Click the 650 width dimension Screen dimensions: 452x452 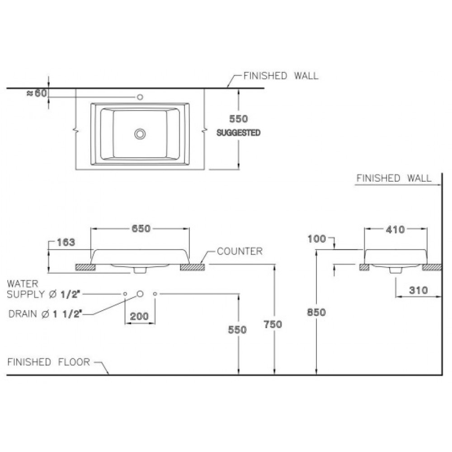(141, 229)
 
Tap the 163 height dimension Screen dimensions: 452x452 (66, 242)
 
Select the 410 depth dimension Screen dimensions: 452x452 (395, 230)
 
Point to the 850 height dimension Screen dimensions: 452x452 (316, 312)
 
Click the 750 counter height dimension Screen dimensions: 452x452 (273, 325)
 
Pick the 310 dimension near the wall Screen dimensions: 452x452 (418, 290)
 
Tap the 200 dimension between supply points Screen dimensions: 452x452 (139, 316)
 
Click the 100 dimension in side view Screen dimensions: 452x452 (316, 239)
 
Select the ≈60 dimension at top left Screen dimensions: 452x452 (37, 93)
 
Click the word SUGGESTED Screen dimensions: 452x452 (238, 133)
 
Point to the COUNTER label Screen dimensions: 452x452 (240, 251)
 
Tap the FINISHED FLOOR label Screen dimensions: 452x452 (49, 362)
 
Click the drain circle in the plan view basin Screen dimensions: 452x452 (140, 134)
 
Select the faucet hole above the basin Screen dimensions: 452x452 (140, 97)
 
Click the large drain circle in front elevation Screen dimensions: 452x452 (140, 294)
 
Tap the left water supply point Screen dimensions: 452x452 (125, 294)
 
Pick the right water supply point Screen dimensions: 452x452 (155, 294)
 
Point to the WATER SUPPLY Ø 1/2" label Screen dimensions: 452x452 (43, 289)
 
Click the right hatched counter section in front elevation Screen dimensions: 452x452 (193, 267)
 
